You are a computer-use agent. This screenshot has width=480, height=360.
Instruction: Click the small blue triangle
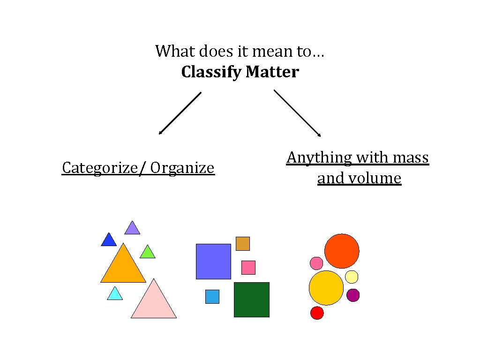(109, 240)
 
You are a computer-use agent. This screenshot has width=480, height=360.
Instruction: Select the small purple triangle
(132, 229)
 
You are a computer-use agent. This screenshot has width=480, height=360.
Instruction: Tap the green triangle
(147, 253)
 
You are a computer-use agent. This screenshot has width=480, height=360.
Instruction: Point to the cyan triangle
(115, 294)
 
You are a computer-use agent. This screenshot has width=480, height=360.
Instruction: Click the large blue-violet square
(213, 261)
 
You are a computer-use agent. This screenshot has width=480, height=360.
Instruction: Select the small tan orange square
(242, 244)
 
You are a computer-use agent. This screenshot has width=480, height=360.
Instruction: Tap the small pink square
(248, 268)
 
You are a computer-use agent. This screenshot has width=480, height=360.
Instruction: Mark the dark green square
(251, 300)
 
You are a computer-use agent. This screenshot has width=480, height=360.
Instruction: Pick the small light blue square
(212, 296)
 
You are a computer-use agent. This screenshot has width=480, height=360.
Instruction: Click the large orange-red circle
(342, 251)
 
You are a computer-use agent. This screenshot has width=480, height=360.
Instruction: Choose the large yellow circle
(326, 288)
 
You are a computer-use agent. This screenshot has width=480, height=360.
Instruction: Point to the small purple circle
(353, 295)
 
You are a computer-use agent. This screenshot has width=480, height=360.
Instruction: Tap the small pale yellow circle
(352, 277)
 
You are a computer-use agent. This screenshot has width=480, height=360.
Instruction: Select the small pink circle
(316, 263)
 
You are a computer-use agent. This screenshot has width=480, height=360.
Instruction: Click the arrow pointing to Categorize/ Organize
(180, 113)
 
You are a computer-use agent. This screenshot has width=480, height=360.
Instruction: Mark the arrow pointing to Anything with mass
(297, 113)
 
